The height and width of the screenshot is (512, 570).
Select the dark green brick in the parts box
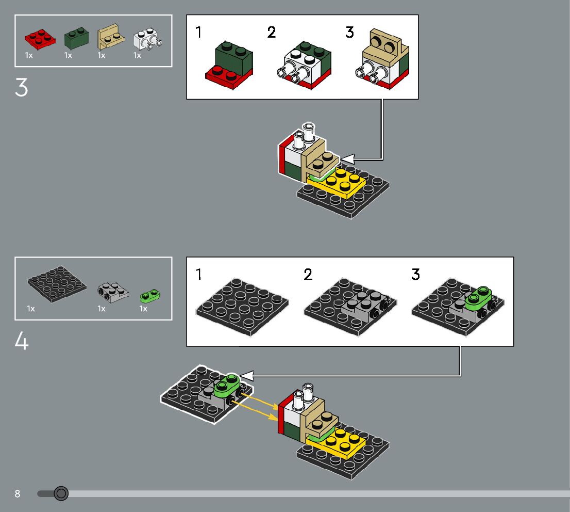[76, 38]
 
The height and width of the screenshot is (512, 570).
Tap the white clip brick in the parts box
[146, 39]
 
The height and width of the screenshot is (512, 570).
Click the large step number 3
[21, 88]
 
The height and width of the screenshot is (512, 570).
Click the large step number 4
[22, 342]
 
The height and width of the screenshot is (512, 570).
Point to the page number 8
[18, 494]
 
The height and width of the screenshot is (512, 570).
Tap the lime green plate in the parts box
[150, 296]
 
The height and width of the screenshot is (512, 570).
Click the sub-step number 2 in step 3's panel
[272, 33]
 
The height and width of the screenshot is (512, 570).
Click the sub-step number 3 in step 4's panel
[415, 275]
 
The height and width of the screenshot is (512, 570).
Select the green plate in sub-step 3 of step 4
[480, 298]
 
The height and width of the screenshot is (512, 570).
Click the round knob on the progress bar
[61, 493]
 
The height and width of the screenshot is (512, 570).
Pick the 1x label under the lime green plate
[143, 309]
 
